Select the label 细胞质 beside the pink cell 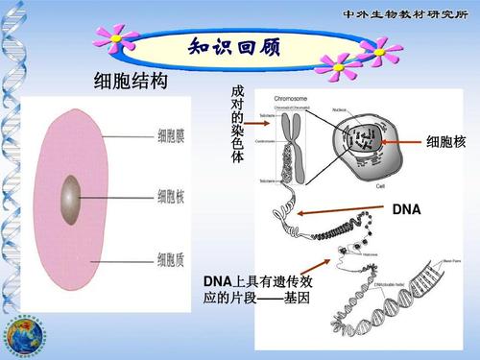[172, 256]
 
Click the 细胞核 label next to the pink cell [172, 197]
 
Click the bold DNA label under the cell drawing [407, 208]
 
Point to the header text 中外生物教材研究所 [408, 13]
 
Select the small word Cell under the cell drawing [380, 185]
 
